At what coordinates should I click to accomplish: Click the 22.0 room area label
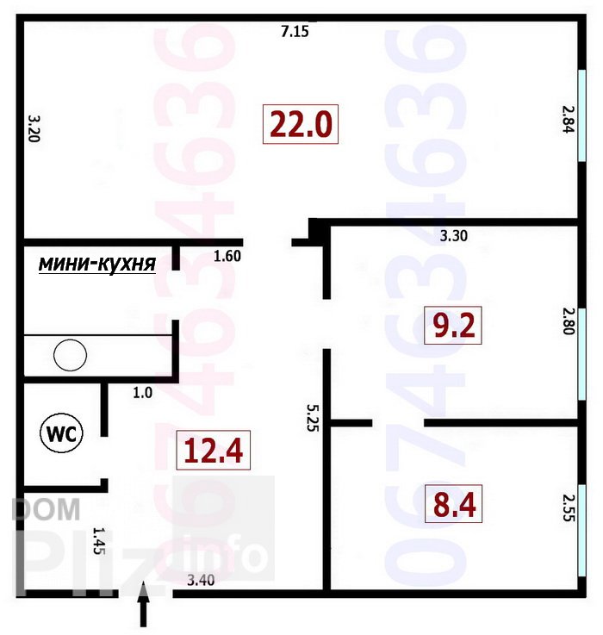(x=301, y=124)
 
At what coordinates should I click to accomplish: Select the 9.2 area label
(x=453, y=325)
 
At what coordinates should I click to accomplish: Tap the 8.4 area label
(x=453, y=503)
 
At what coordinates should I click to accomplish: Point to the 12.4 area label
(x=214, y=450)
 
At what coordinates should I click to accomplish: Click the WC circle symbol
(x=61, y=433)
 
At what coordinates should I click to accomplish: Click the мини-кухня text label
(x=97, y=264)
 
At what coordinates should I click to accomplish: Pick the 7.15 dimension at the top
(x=295, y=31)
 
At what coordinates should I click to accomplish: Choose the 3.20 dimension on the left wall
(x=34, y=128)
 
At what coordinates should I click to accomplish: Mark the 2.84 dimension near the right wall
(x=569, y=119)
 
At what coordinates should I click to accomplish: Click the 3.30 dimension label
(x=454, y=235)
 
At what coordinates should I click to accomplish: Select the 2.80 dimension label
(x=569, y=321)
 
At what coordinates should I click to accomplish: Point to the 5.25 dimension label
(x=312, y=418)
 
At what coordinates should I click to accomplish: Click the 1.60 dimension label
(x=227, y=256)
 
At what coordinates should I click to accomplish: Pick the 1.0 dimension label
(x=142, y=392)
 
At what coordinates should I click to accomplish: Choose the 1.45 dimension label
(x=99, y=540)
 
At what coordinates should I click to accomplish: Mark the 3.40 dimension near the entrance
(x=201, y=581)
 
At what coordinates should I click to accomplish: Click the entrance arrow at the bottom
(x=143, y=604)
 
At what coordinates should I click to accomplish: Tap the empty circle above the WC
(x=70, y=355)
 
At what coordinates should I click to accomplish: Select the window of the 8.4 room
(x=582, y=530)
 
